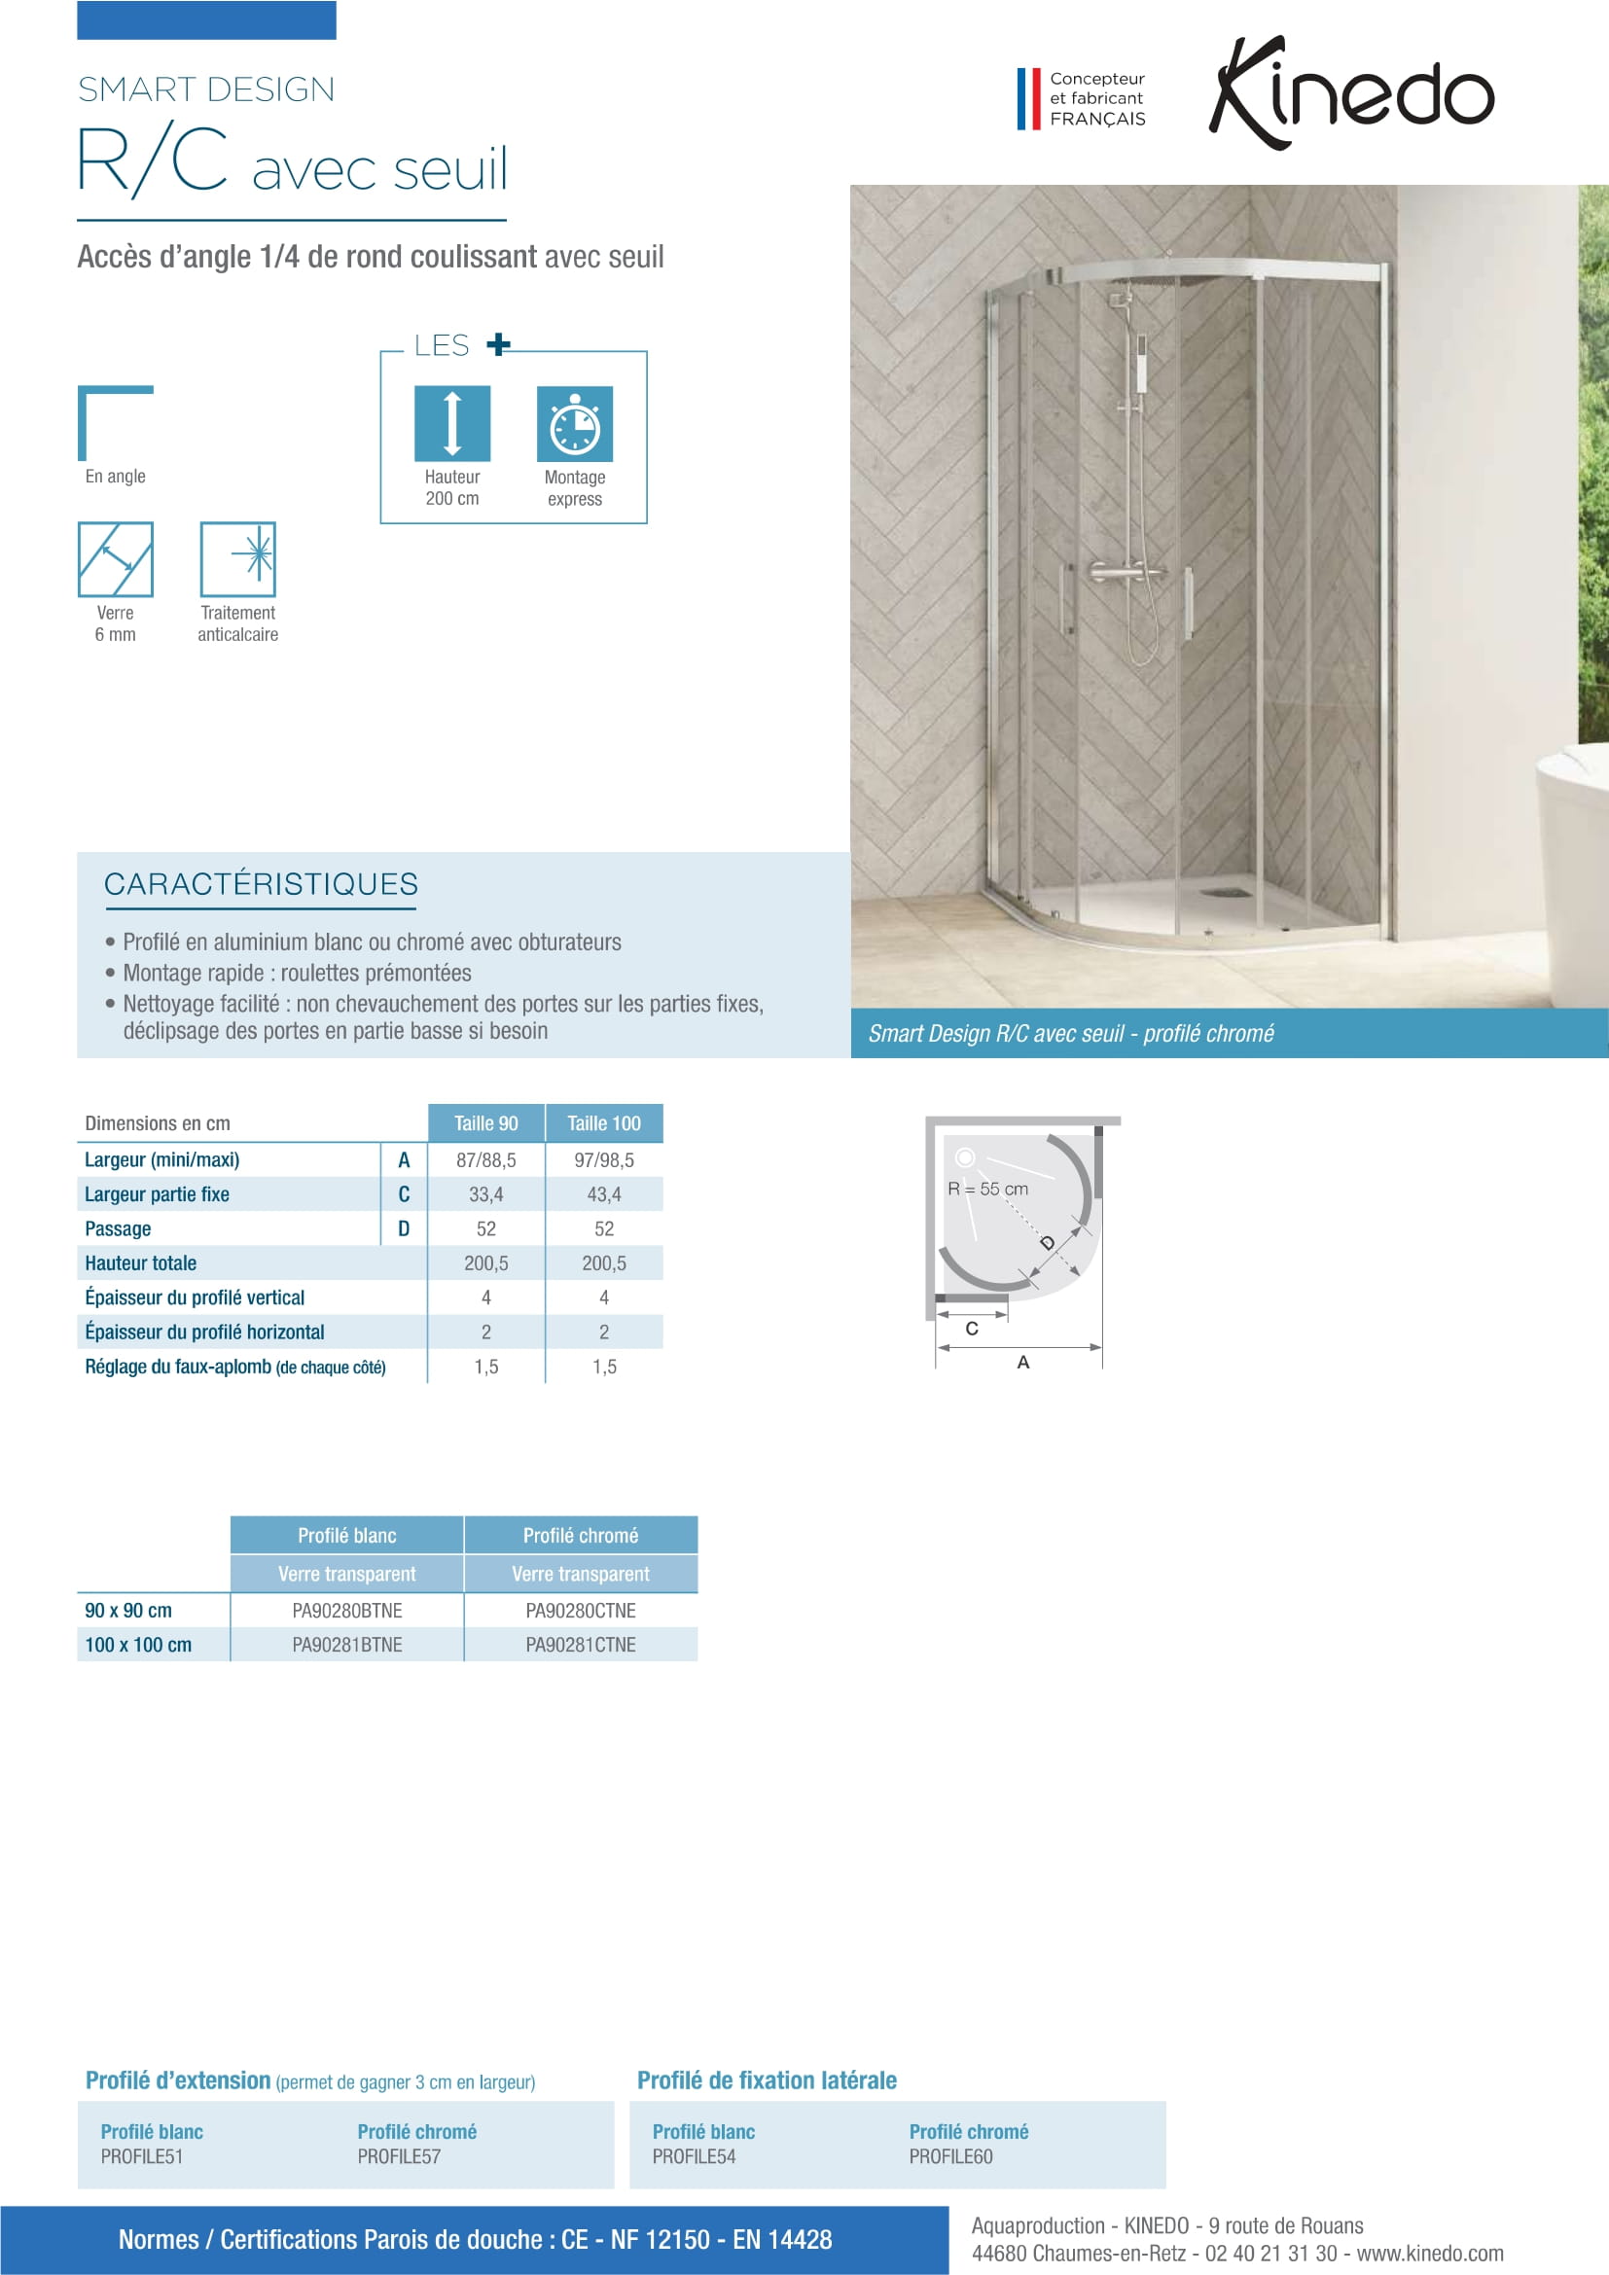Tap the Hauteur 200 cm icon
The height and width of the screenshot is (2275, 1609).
(x=451, y=423)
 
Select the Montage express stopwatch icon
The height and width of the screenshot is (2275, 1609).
(x=575, y=424)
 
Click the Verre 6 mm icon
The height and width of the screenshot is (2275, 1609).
(x=115, y=559)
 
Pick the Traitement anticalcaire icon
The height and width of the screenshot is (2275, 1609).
(x=237, y=559)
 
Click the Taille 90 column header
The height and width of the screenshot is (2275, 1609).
(x=485, y=1122)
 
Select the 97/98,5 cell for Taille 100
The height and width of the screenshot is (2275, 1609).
(x=603, y=1159)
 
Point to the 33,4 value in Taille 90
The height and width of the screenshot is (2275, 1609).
(x=485, y=1194)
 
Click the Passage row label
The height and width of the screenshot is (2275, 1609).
(x=118, y=1228)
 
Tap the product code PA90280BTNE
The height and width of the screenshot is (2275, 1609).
(x=346, y=1610)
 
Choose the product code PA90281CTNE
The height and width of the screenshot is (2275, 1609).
(x=581, y=1645)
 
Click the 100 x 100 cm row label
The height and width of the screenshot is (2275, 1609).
(x=138, y=1645)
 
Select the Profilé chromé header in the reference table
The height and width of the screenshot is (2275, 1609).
(x=581, y=1535)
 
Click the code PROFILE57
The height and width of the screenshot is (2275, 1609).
(x=399, y=2156)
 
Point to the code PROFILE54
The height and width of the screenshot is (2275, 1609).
(x=694, y=2156)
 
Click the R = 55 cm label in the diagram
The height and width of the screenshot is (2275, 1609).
(x=987, y=1188)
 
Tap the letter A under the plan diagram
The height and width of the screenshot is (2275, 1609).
(x=1023, y=1363)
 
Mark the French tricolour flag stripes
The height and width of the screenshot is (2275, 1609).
(x=1028, y=98)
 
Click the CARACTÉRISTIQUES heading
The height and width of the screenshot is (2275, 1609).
(x=261, y=884)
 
